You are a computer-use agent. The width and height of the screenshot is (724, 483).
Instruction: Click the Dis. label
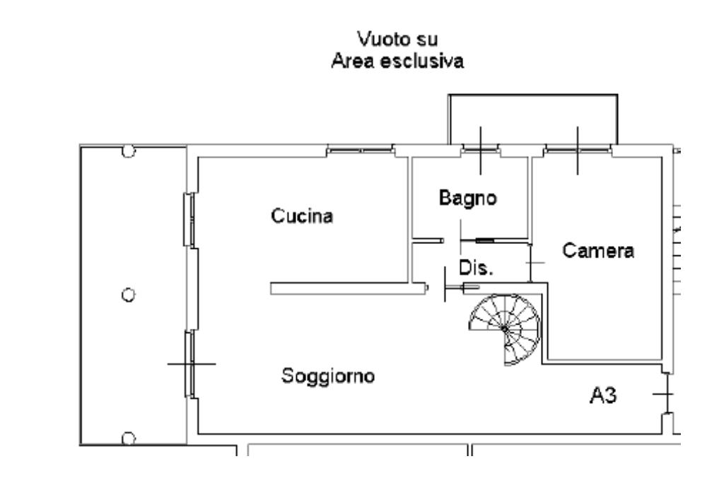[475, 269]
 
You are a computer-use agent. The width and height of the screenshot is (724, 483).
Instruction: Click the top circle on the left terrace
[128, 150]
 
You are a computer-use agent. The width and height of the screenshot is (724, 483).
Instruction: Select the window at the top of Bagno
[480, 149]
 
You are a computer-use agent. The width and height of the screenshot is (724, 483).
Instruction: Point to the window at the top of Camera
[578, 149]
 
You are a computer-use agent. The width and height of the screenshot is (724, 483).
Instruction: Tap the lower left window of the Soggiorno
[189, 363]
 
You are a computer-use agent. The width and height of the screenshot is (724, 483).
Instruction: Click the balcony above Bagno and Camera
[533, 118]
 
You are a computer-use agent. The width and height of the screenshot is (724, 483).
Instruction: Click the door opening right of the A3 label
[666, 394]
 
